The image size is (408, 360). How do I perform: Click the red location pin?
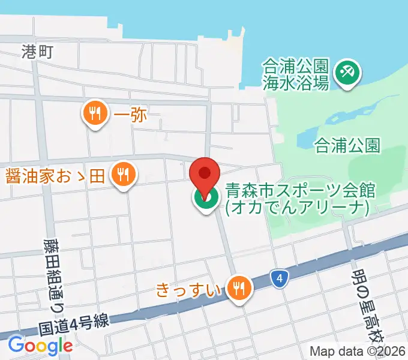205,173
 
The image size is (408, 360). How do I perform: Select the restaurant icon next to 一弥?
95,112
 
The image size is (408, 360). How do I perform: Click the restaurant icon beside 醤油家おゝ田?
124,175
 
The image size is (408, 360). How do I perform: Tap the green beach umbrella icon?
347,73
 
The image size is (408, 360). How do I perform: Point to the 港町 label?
38,52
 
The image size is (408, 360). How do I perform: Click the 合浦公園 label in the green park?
347,145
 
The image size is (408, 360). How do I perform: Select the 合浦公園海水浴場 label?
296,74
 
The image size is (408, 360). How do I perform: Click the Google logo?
40,345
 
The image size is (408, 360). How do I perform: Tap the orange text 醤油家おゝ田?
55,176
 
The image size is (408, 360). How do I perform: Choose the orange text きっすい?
190,289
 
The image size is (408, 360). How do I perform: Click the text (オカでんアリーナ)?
298,207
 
